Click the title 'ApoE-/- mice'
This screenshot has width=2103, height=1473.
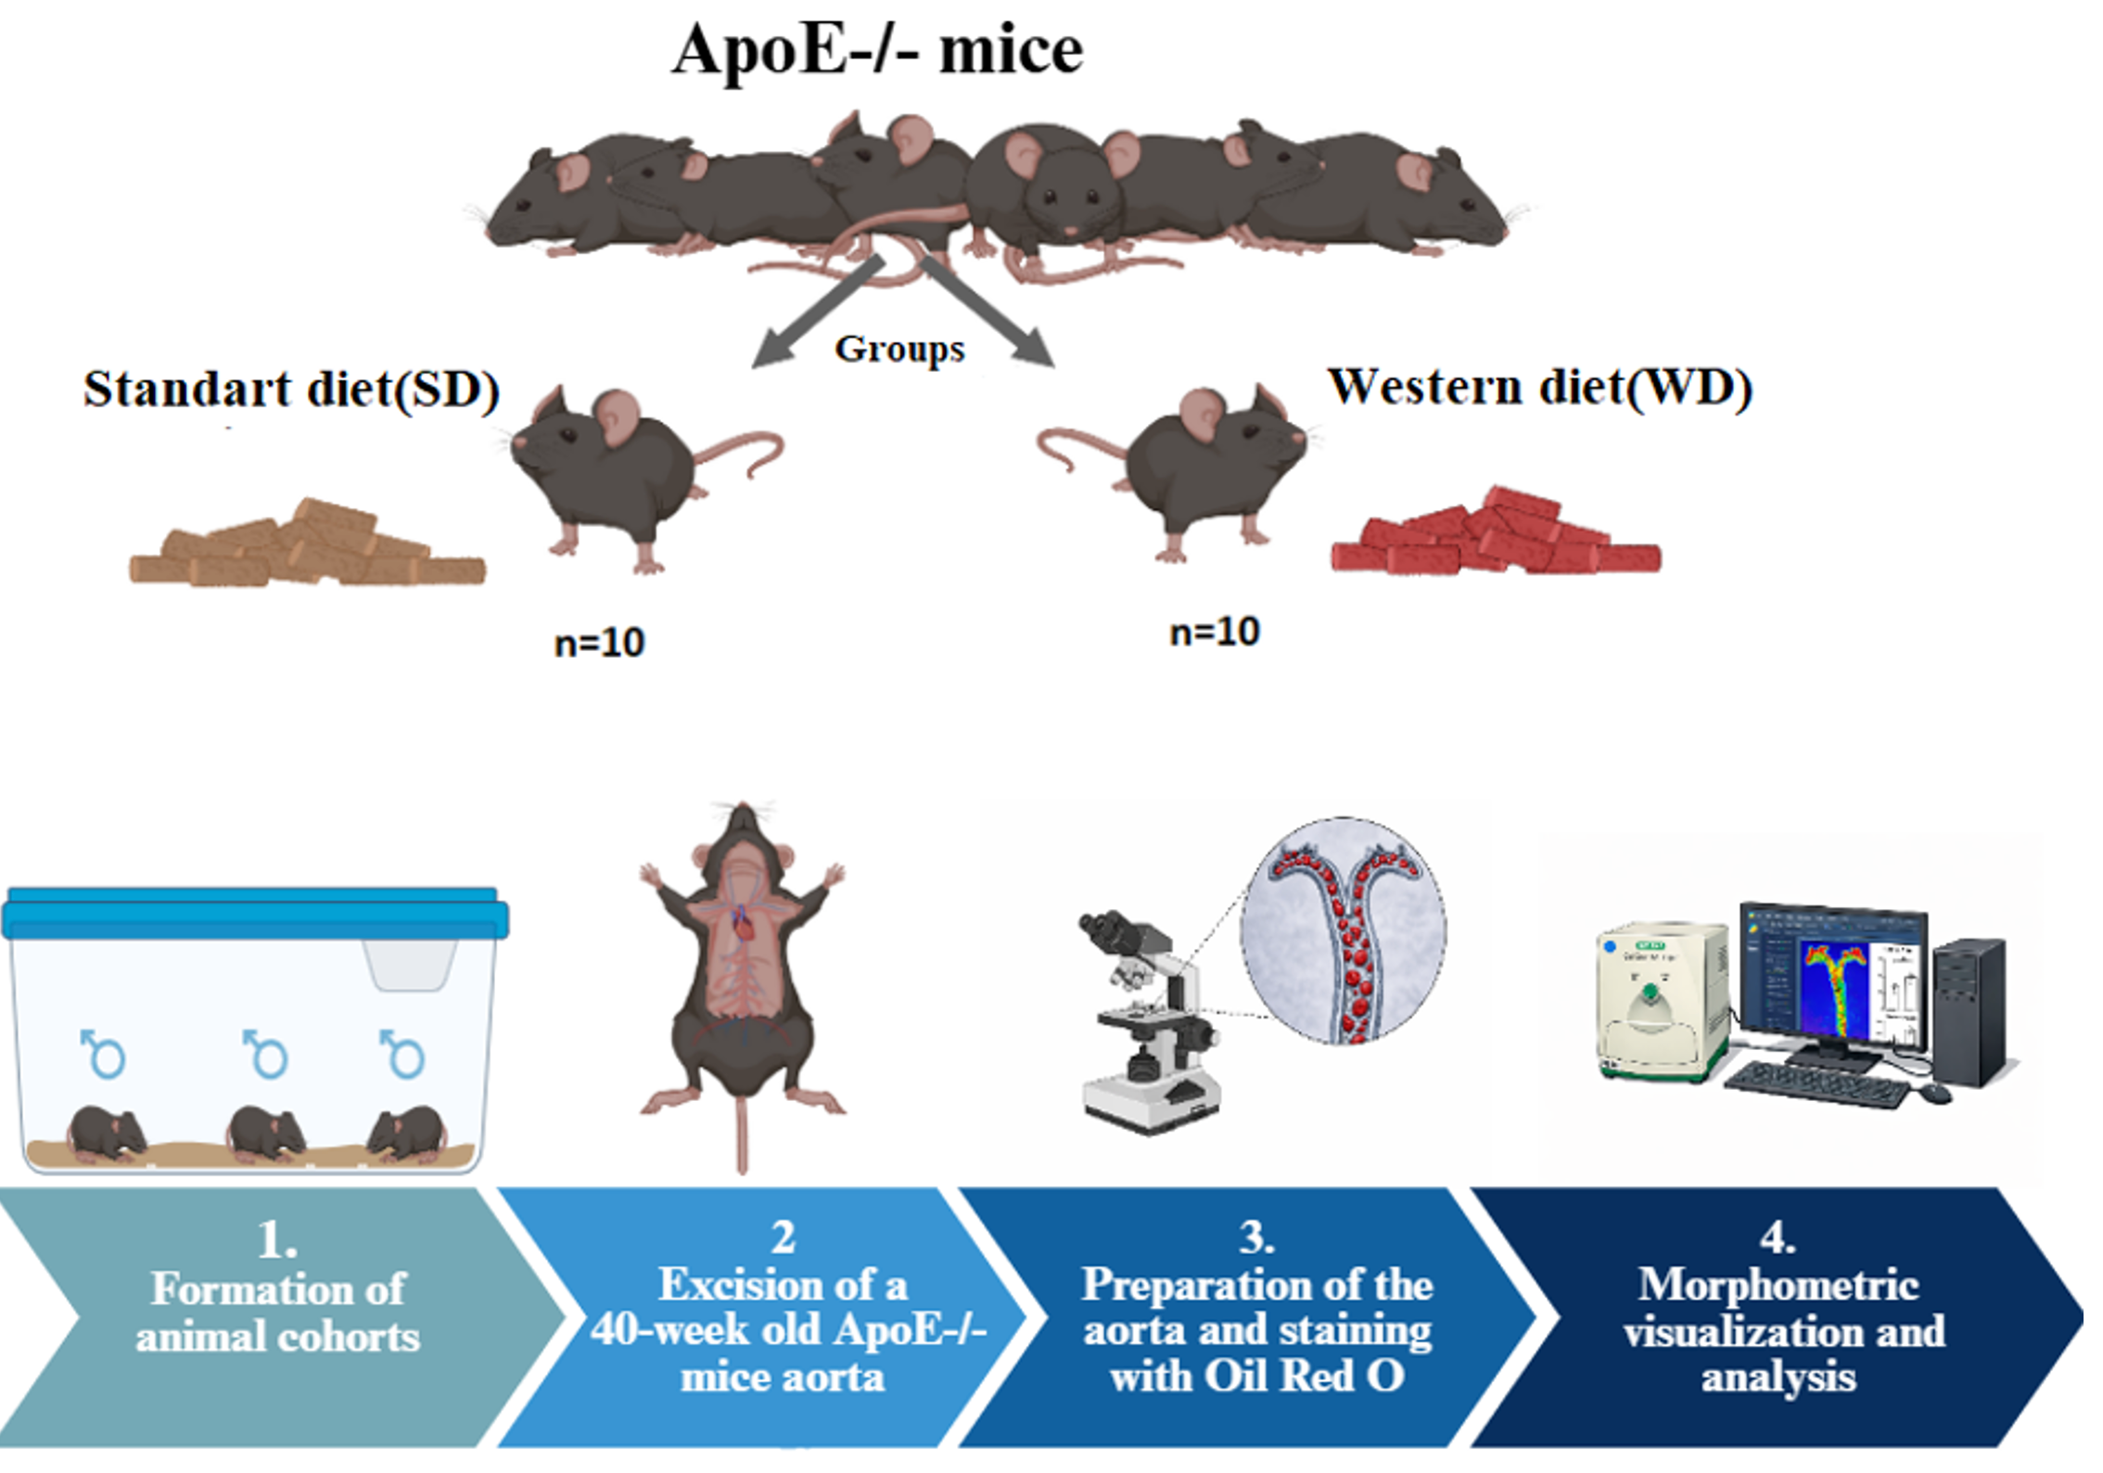[877, 50]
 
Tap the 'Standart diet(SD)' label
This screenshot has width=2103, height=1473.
[291, 390]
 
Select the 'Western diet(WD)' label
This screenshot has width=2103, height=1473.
[1539, 387]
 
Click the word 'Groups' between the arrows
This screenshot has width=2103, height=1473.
[899, 350]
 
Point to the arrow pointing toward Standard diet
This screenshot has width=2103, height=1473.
[812, 315]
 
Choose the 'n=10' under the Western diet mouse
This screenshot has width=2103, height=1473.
[1215, 633]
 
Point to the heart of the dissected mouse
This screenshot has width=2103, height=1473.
[743, 924]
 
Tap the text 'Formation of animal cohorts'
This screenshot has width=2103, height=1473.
[278, 1313]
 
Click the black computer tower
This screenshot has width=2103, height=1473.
[1971, 1011]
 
